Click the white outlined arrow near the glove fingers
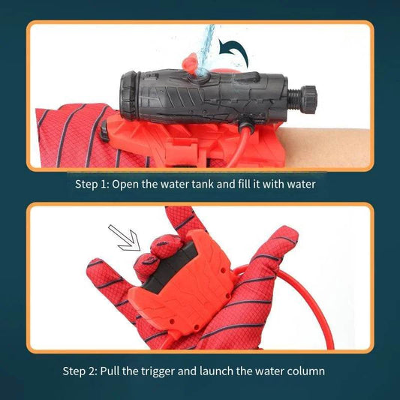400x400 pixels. coord(124,239)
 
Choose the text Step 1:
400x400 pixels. coord(94,184)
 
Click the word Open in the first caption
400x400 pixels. coord(133,184)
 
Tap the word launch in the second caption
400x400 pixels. coord(227,371)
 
